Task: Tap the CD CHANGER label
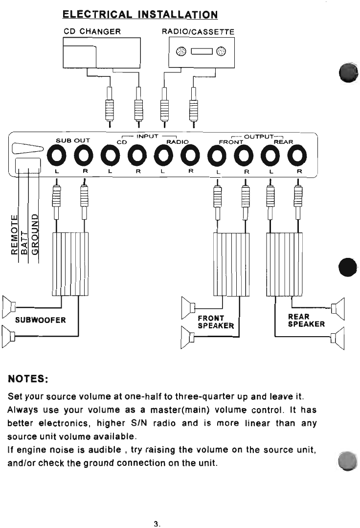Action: (92, 32)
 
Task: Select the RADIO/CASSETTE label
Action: (198, 32)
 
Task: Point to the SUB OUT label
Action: (72, 141)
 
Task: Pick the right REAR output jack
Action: (296, 157)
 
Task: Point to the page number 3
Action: (157, 524)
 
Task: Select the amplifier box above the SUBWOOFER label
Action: (70, 264)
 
